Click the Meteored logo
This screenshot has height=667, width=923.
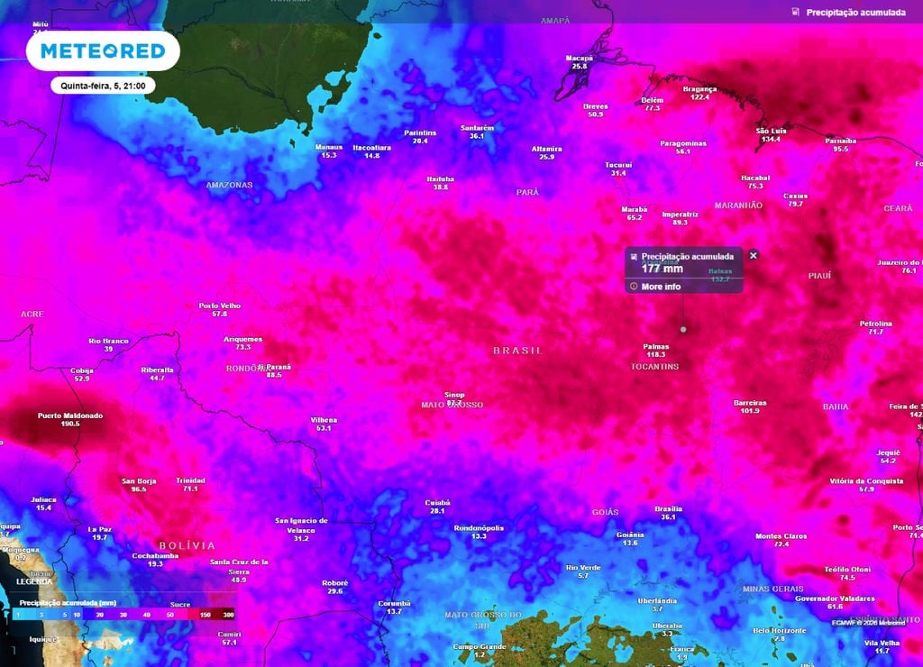point(103,51)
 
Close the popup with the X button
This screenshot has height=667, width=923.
point(754,255)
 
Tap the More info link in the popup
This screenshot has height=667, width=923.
point(661,287)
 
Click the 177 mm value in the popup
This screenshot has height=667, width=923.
point(662,269)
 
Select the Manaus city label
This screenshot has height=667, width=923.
point(328,147)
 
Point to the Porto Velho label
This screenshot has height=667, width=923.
point(219,306)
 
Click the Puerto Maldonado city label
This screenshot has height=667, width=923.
point(69,416)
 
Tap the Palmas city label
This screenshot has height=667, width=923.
point(655,346)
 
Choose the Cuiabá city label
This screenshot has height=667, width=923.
point(437,503)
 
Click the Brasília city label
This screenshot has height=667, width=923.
point(668,509)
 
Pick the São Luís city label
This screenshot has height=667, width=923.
point(769,132)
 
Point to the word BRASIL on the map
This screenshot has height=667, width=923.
point(517,350)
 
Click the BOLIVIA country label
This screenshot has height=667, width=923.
point(187,545)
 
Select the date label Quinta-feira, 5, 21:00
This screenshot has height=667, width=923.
point(103,86)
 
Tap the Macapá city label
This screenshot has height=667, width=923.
point(579,58)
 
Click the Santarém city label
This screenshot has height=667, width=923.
point(477,128)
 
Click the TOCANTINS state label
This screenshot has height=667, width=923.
point(654,367)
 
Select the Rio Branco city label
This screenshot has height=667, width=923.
point(108,341)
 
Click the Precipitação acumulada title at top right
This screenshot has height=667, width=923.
point(855,13)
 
